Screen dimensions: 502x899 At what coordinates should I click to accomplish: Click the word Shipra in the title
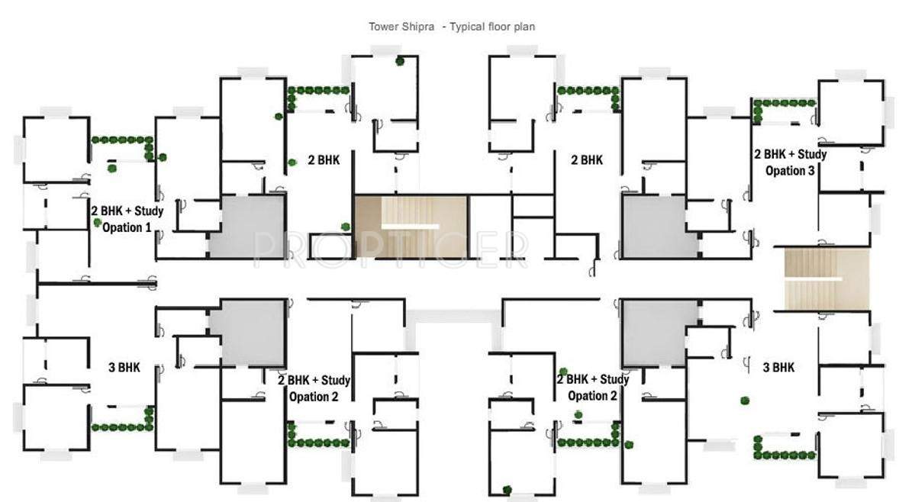pyautogui.click(x=419, y=26)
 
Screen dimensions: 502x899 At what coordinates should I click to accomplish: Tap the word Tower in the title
pyautogui.click(x=385, y=26)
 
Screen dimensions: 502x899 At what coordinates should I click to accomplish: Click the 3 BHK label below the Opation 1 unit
pyautogui.click(x=124, y=367)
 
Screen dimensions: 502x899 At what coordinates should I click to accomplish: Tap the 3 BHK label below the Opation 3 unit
pyautogui.click(x=778, y=367)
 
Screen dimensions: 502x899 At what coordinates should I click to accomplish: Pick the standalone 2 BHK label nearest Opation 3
pyautogui.click(x=587, y=160)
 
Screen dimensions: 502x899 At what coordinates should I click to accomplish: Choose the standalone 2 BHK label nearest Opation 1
pyautogui.click(x=324, y=160)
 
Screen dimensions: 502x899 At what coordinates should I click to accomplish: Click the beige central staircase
pyautogui.click(x=411, y=227)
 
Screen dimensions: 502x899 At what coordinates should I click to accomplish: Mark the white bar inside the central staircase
pyautogui.click(x=410, y=227)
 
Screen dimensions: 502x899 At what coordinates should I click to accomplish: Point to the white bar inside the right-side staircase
pyautogui.click(x=814, y=279)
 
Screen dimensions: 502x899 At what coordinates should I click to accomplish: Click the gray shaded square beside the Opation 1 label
pyautogui.click(x=248, y=227)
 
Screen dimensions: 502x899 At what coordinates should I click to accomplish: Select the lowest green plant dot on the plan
pyautogui.click(x=507, y=490)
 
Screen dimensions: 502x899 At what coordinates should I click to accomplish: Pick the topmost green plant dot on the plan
pyautogui.click(x=399, y=62)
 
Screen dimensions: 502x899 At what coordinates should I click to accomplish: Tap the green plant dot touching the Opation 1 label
pyautogui.click(x=98, y=222)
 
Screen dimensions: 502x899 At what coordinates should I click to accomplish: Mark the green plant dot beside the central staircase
pyautogui.click(x=346, y=226)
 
